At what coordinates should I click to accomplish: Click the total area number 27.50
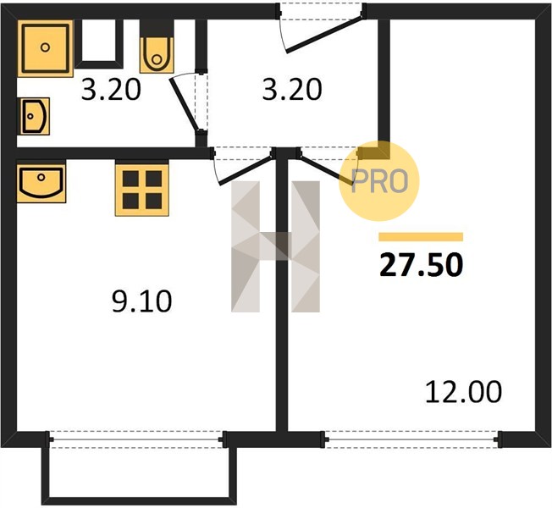point(421,265)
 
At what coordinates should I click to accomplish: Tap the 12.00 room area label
point(463,392)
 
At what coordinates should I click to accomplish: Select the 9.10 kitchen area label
point(142,301)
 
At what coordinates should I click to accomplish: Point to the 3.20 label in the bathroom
point(111,90)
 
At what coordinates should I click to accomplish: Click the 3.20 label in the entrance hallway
point(292,90)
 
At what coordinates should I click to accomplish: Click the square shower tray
point(45,48)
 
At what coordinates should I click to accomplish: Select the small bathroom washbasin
point(34,116)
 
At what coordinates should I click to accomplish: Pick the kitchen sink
point(41,181)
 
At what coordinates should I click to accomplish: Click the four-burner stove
point(142,190)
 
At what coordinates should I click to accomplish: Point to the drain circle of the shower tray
point(45,47)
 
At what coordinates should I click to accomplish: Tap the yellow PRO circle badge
point(379,181)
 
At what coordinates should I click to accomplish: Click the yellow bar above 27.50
point(421,237)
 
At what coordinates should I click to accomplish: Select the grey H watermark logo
point(275,246)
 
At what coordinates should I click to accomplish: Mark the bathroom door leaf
point(184,105)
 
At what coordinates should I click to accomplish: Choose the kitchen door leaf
point(246,171)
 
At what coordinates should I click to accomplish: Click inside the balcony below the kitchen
point(140,472)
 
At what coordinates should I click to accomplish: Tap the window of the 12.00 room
point(412,439)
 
